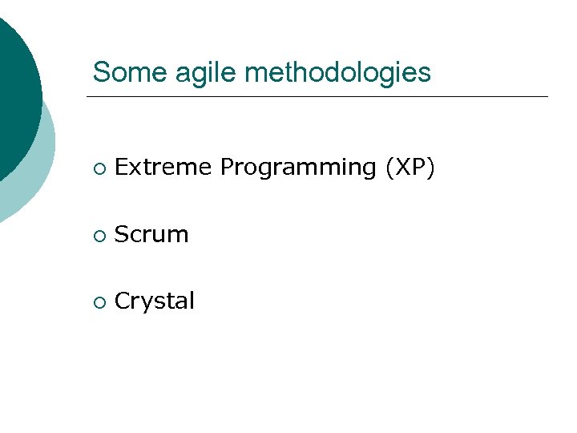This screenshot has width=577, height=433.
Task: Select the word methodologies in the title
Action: (337, 73)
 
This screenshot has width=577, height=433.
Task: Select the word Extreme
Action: (163, 167)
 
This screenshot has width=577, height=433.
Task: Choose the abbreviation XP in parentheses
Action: (410, 167)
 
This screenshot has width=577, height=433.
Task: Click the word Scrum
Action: (151, 234)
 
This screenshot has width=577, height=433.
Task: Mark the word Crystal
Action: (155, 301)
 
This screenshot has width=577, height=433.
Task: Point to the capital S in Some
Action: (100, 72)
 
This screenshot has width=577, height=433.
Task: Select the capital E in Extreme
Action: (121, 167)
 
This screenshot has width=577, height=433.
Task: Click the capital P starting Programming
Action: (226, 167)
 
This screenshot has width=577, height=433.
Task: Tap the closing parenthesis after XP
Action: (430, 168)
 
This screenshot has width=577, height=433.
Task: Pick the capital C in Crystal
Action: (122, 301)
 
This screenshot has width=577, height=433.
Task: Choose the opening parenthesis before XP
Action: (389, 168)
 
